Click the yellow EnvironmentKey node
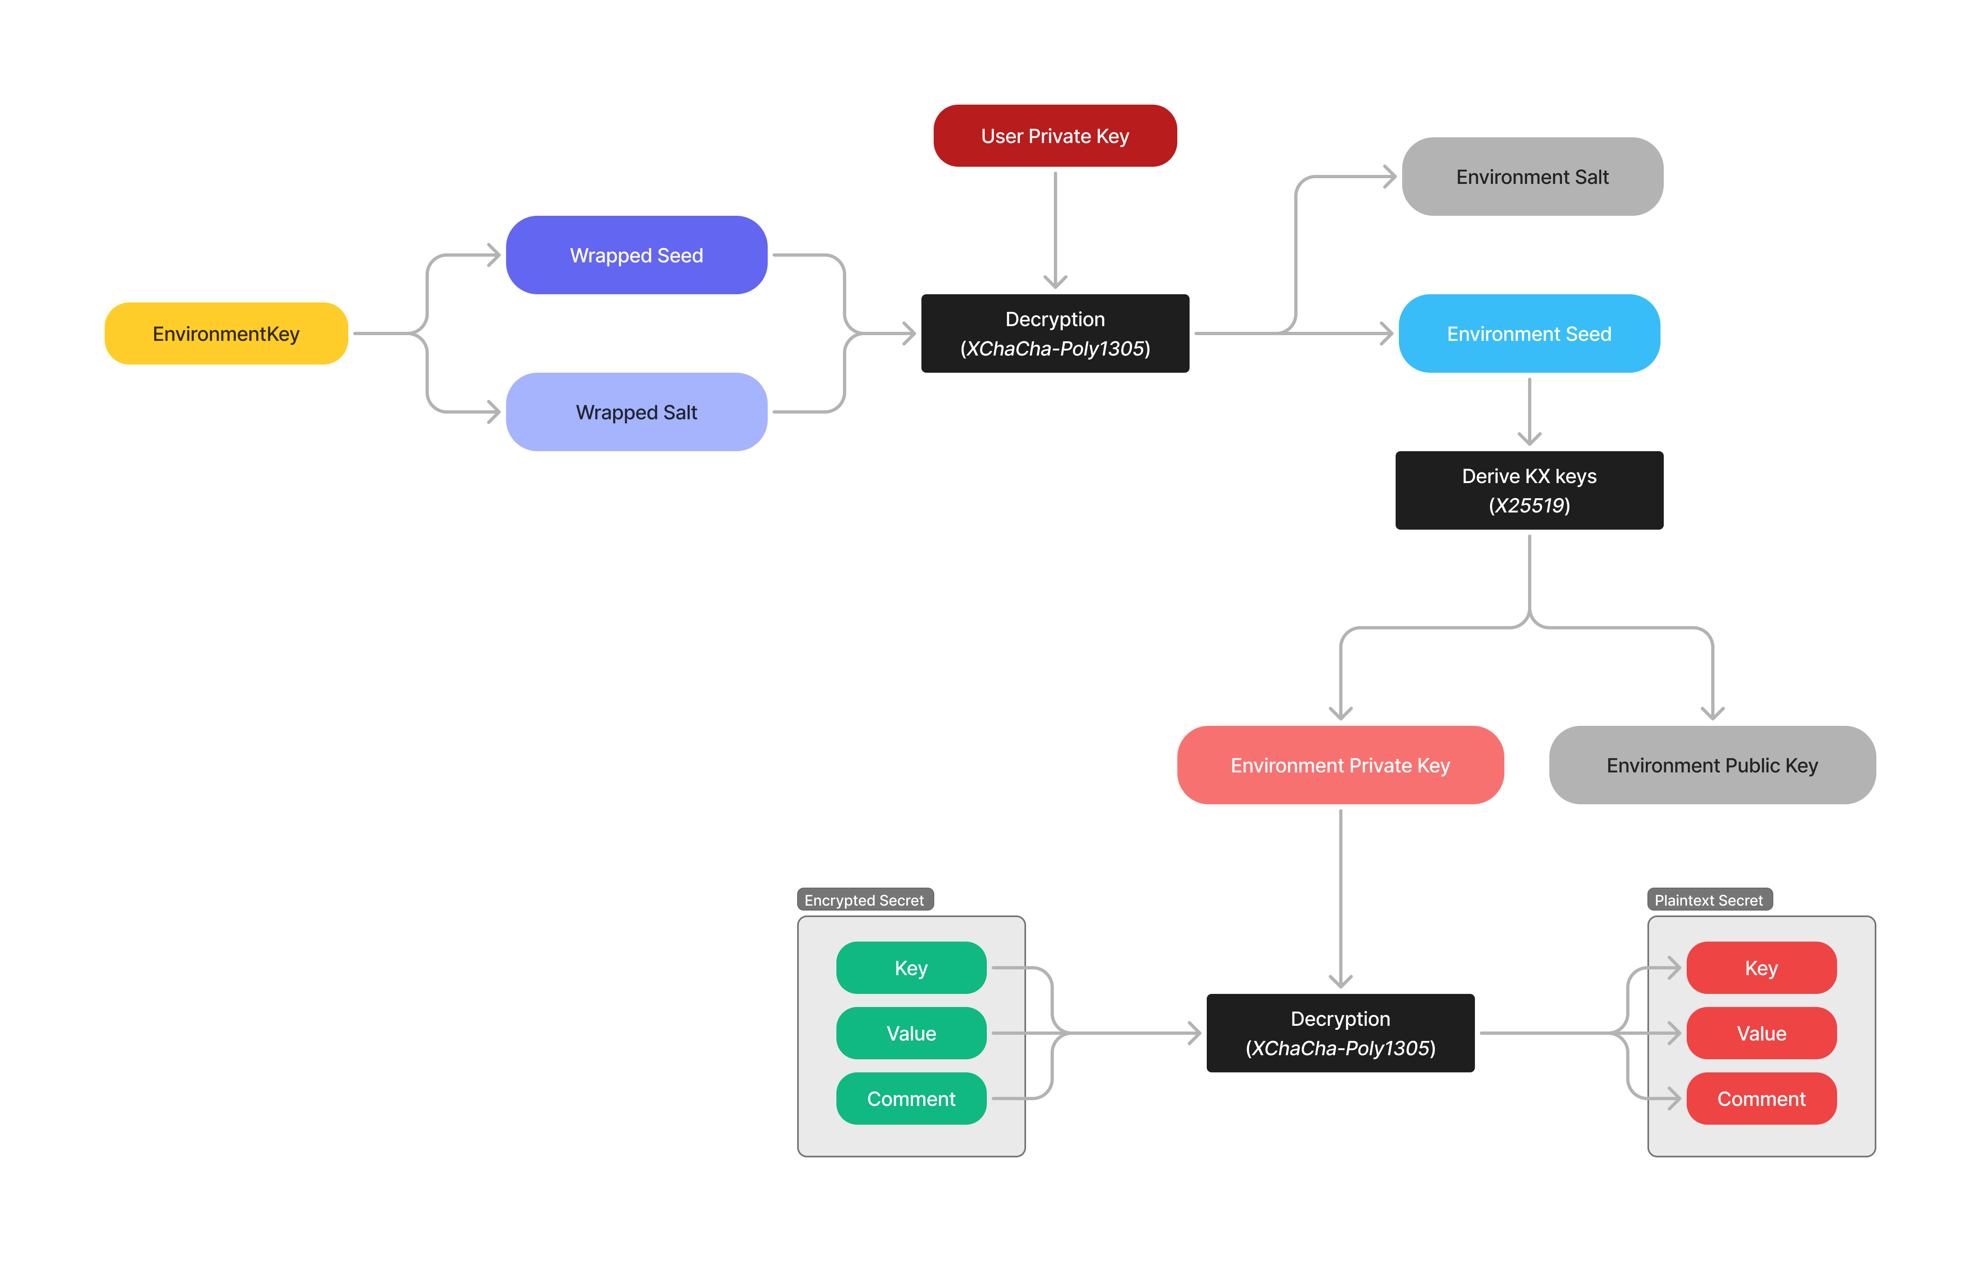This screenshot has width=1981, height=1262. click(226, 333)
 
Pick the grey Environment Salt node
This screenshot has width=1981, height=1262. click(1532, 177)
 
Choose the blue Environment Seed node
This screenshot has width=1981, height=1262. click(1528, 333)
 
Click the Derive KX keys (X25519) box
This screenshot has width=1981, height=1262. click(1528, 490)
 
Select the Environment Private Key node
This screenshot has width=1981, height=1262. click(1340, 765)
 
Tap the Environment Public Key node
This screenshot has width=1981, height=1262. click(1712, 765)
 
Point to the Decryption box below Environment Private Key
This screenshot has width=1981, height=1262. click(1340, 1033)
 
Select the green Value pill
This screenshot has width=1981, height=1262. click(911, 1033)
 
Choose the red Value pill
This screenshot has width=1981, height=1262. click(1761, 1033)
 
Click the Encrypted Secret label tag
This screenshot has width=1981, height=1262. click(865, 900)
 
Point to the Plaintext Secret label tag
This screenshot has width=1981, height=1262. click(1709, 900)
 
